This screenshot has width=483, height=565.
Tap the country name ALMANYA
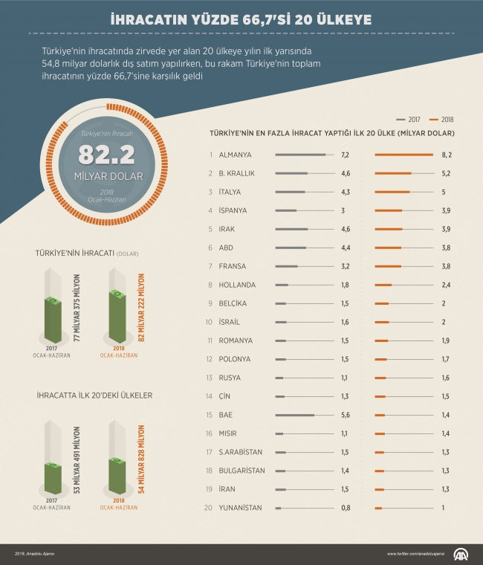[236, 155]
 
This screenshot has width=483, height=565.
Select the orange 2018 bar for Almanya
[403, 155]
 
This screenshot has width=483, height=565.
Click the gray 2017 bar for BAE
[294, 415]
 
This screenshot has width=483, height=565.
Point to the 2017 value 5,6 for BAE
[345, 415]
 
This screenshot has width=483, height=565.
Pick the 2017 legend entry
[410, 119]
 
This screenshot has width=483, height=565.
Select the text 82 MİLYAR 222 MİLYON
[142, 307]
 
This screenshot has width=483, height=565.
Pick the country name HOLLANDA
[238, 285]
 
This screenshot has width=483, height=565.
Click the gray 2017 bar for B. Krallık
[291, 173]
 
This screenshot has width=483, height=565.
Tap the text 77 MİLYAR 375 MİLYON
[77, 307]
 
